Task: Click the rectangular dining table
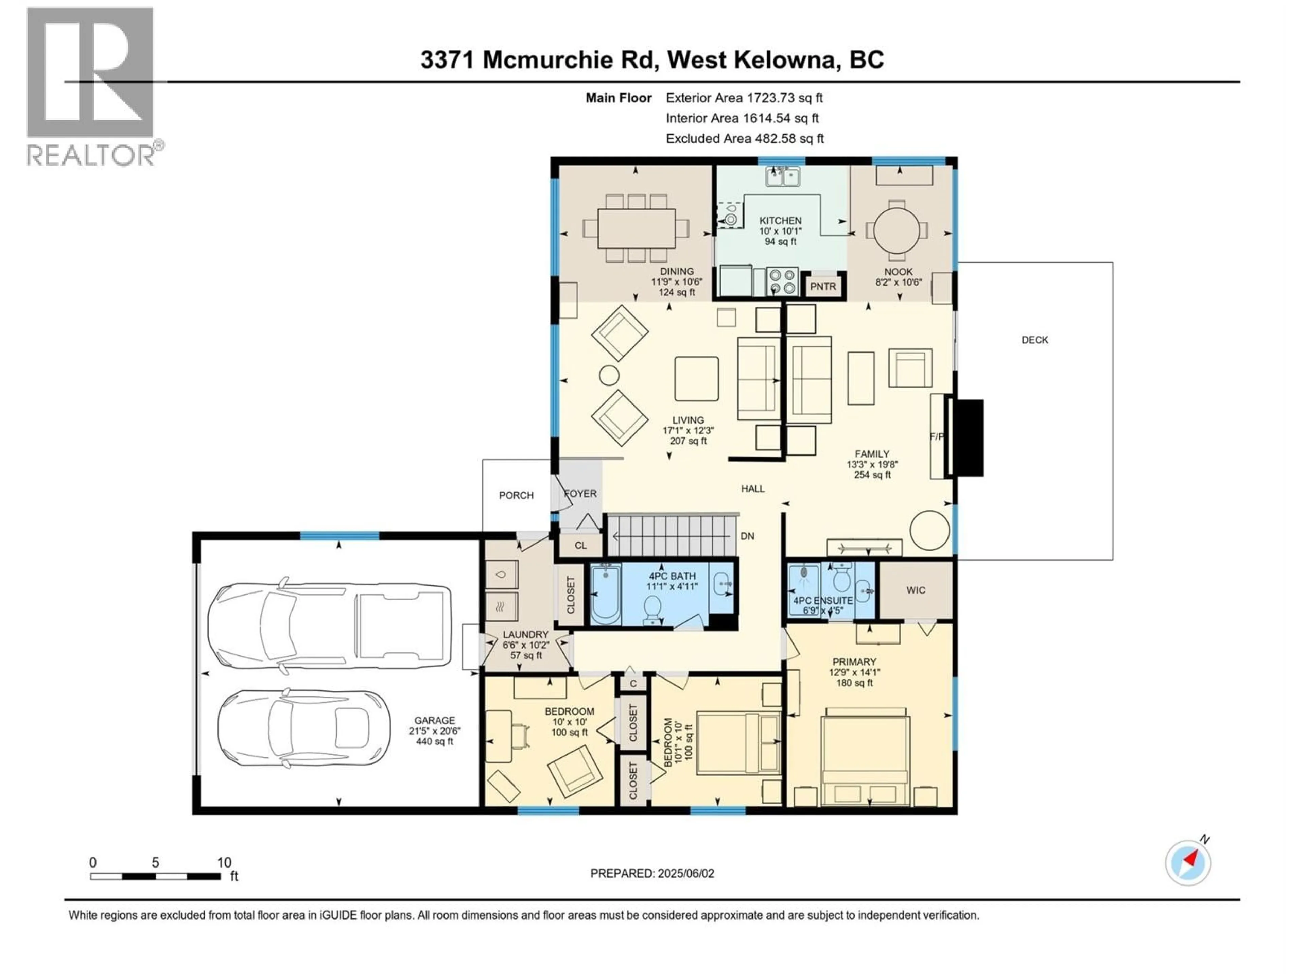coord(636,228)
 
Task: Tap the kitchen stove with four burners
coord(782,281)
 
